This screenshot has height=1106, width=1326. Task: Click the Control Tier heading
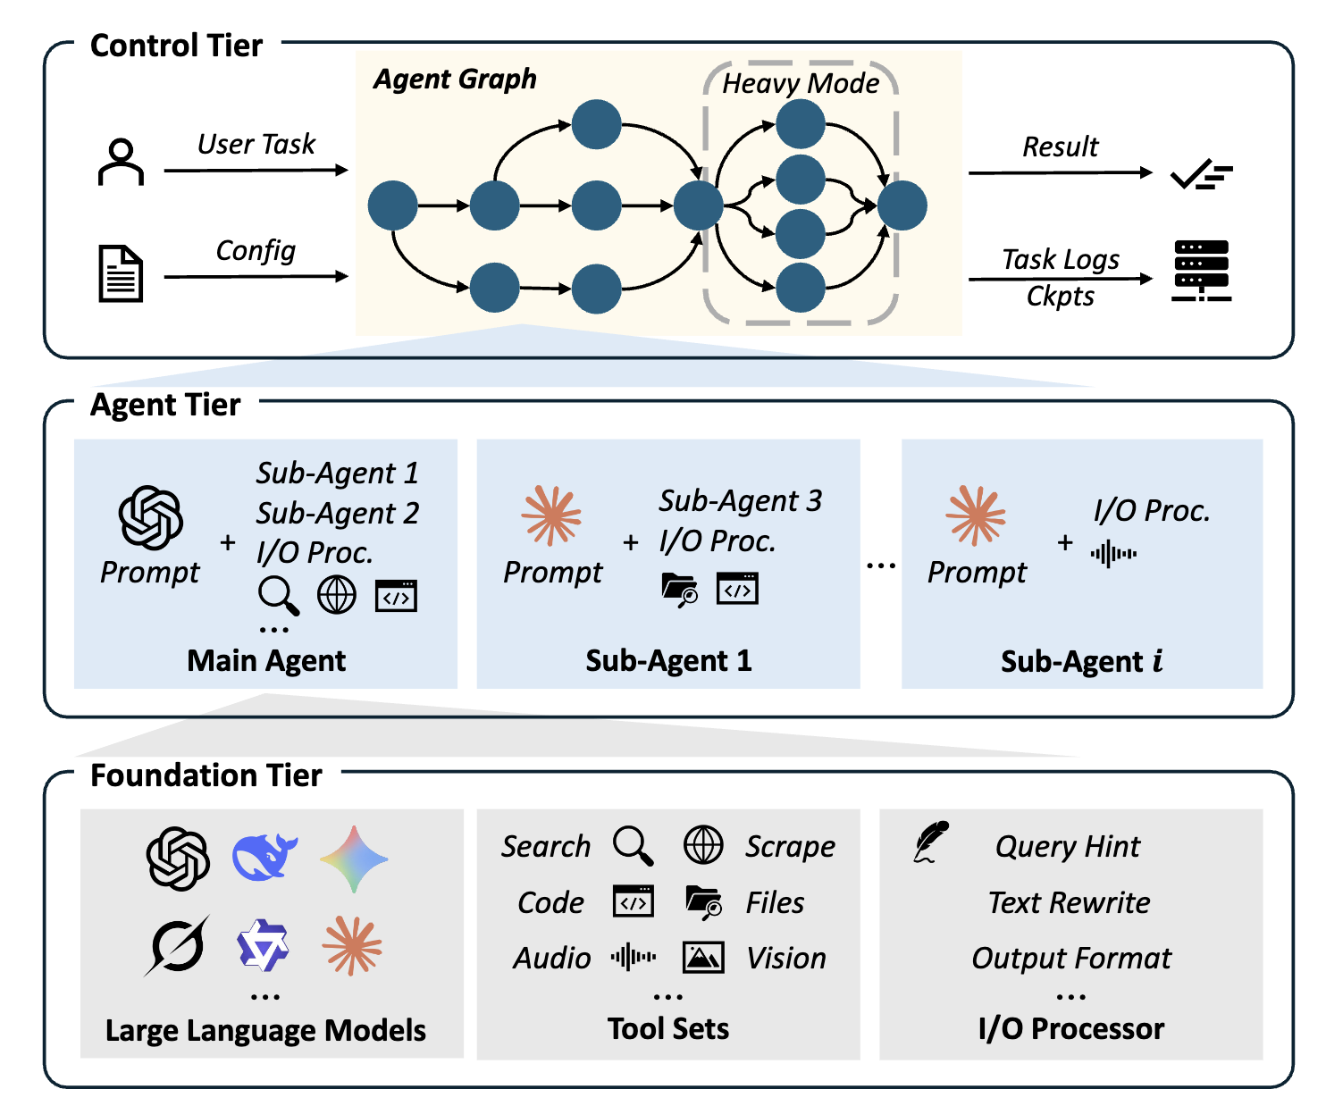click(x=176, y=46)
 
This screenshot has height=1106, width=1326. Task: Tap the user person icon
click(x=121, y=163)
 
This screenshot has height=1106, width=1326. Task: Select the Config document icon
click(x=121, y=273)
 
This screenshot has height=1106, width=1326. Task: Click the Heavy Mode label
click(x=801, y=83)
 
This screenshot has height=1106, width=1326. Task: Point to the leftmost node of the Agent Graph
click(x=392, y=205)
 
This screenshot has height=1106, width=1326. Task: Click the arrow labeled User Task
click(x=256, y=170)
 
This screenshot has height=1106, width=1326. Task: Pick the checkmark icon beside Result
click(x=1201, y=174)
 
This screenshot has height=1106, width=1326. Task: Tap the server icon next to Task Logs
click(x=1201, y=271)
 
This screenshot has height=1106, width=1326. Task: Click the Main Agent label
click(x=266, y=660)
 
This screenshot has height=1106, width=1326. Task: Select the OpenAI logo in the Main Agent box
click(x=151, y=517)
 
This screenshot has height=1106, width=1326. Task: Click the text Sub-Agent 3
click(x=740, y=501)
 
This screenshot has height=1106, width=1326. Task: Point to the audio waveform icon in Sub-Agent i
click(x=1113, y=554)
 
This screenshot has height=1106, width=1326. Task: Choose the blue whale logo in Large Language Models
click(x=264, y=857)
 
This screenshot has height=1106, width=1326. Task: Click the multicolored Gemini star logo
click(x=354, y=859)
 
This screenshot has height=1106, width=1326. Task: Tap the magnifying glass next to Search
click(x=633, y=845)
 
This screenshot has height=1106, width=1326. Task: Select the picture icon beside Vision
click(x=703, y=958)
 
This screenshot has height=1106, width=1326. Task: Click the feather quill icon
click(x=931, y=842)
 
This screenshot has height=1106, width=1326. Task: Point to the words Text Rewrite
click(x=1070, y=902)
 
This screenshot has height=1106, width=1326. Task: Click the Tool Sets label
click(x=668, y=1028)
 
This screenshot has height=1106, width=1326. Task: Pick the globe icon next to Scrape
click(x=703, y=845)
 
